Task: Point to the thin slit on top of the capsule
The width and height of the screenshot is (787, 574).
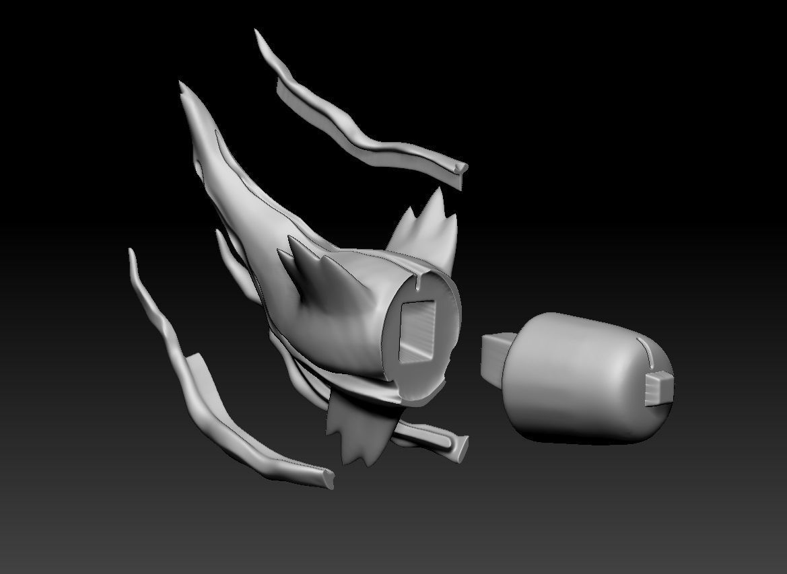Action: click(644, 350)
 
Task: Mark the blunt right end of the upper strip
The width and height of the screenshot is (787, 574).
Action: click(461, 171)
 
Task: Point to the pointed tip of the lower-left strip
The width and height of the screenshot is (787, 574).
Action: click(131, 254)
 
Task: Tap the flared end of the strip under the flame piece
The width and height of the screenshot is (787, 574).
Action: click(461, 447)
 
